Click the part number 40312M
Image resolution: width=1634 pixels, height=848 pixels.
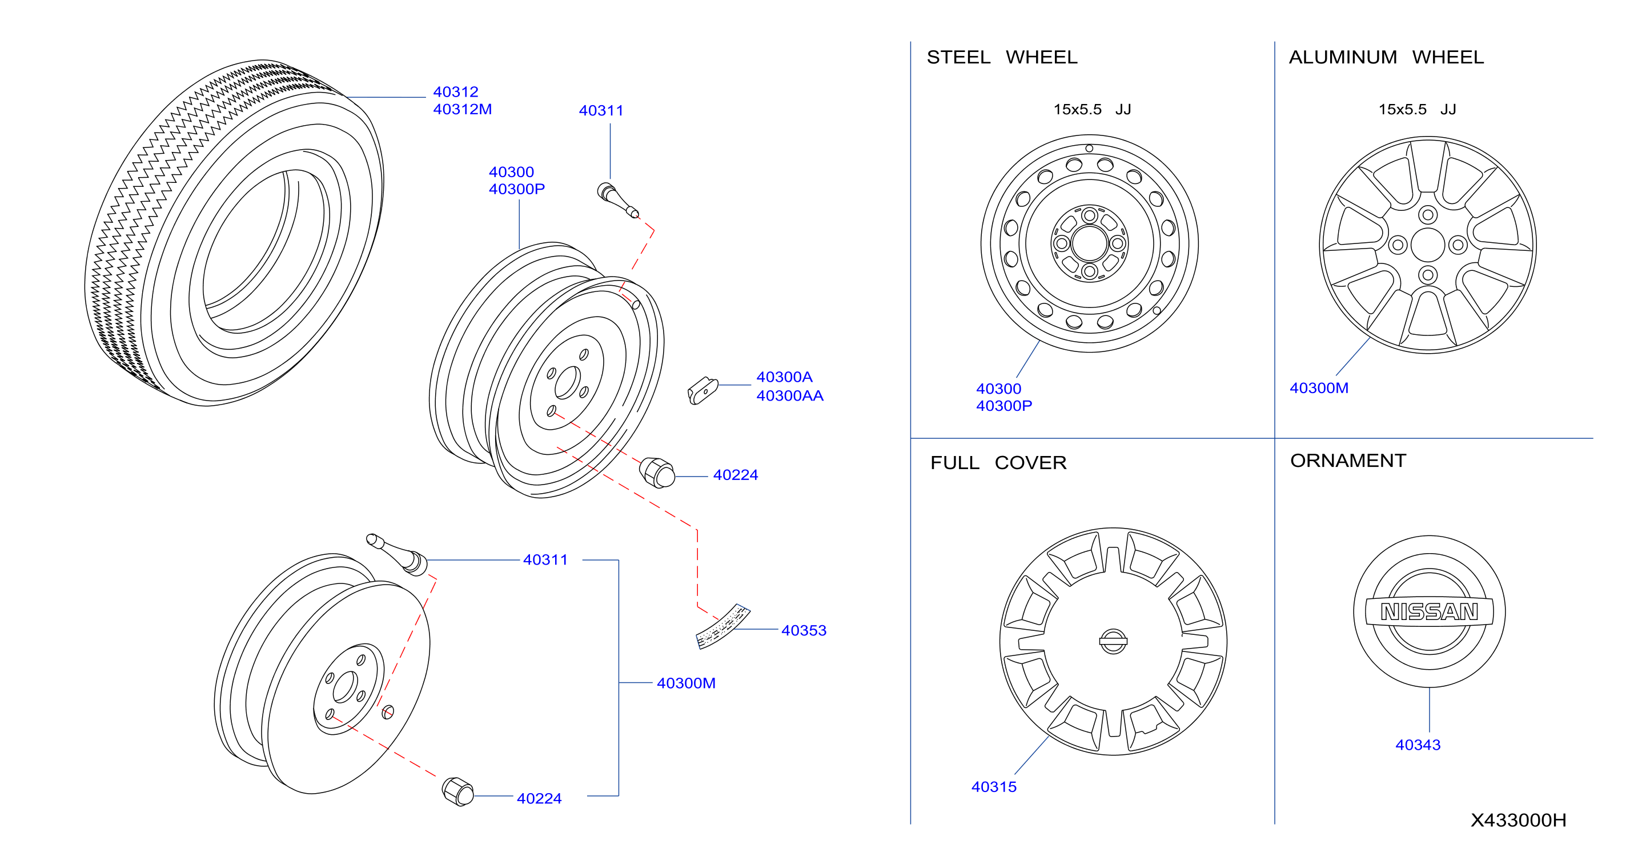[463, 109]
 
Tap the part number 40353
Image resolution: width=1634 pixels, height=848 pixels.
[804, 630]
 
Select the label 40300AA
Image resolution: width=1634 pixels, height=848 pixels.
[790, 395]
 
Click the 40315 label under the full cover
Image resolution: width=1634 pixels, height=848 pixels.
[994, 786]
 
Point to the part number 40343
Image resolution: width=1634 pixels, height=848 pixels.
[1418, 745]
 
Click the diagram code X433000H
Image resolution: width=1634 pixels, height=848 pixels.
[1519, 820]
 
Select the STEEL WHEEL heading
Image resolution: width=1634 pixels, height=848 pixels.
[1002, 57]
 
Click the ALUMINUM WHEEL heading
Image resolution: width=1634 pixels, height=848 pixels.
[1386, 57]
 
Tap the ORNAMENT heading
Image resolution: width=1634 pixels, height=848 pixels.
[1348, 460]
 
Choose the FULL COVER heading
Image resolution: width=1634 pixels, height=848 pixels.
[998, 463]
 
